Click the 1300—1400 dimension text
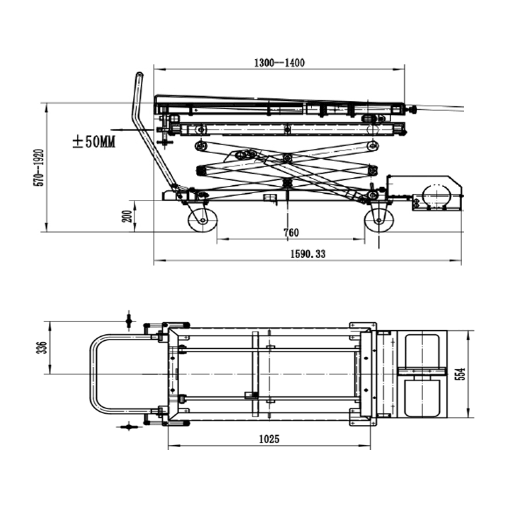pos(279,63)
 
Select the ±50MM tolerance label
pos(94,142)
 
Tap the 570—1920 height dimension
pos(39,166)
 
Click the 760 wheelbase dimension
pos(291,233)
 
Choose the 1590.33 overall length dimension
pos(307,254)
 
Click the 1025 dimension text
pos(267,439)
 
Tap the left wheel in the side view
pos(202,219)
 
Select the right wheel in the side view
pos(379,219)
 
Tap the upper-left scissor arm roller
pos(199,145)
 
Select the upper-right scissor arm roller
pos(372,145)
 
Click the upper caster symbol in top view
pos(129,322)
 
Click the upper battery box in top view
pos(422,349)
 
